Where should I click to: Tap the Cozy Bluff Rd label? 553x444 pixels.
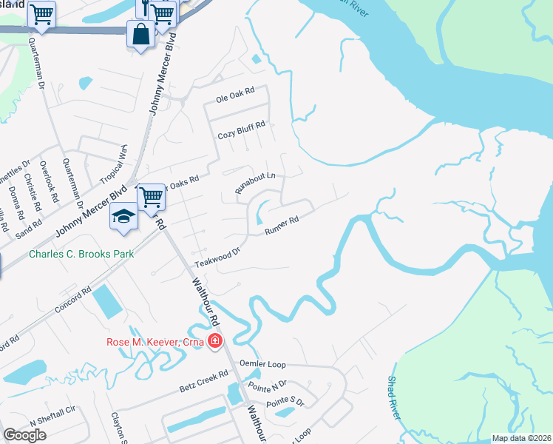241,135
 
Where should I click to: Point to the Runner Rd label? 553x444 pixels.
282,226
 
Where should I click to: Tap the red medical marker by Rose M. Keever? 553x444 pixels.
215,341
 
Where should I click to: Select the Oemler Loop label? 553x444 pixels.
262,364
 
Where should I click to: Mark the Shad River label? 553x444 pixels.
393,397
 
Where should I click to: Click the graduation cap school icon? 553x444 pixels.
124,215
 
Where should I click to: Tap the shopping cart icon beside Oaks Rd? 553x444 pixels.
151,197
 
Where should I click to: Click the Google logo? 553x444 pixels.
24,434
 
